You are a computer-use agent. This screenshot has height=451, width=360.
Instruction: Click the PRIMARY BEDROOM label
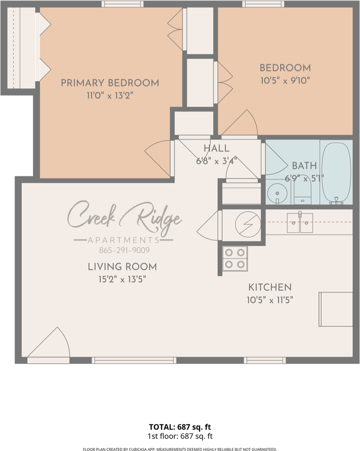(x=110, y=83)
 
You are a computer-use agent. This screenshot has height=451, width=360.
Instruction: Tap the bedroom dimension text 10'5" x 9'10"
(x=285, y=80)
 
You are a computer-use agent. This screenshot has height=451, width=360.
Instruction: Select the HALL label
(x=217, y=148)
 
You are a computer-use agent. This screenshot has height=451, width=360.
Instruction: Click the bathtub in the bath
(x=336, y=172)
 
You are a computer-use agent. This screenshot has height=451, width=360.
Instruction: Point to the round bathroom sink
(x=277, y=193)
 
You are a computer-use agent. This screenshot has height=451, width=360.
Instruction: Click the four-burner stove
(x=235, y=258)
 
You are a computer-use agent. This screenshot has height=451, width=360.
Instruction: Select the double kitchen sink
(x=300, y=223)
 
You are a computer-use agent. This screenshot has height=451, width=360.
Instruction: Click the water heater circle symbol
(x=248, y=225)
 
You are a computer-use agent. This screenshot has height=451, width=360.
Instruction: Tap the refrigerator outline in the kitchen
(x=336, y=309)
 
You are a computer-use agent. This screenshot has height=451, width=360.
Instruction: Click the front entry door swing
(x=49, y=342)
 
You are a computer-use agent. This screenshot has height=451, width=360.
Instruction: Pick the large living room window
(x=134, y=360)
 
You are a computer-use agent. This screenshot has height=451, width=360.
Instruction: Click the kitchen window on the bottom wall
(x=265, y=360)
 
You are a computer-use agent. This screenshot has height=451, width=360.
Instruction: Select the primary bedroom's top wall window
(x=123, y=4)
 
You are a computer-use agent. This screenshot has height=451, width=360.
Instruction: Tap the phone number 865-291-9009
(x=124, y=250)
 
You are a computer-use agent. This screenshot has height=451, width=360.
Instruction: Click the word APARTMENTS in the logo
(x=123, y=240)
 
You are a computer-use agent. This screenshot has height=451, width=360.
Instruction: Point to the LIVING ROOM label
(x=123, y=267)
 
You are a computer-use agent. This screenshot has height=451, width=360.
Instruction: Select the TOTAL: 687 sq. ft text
(x=180, y=427)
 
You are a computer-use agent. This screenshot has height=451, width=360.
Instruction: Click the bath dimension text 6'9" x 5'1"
(x=304, y=179)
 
